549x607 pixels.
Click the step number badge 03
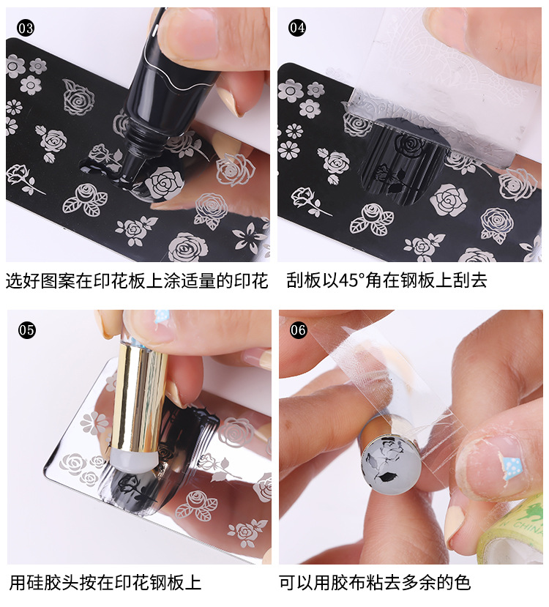[26, 29]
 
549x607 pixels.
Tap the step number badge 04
[297, 29]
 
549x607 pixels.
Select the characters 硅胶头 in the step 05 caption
[53, 583]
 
